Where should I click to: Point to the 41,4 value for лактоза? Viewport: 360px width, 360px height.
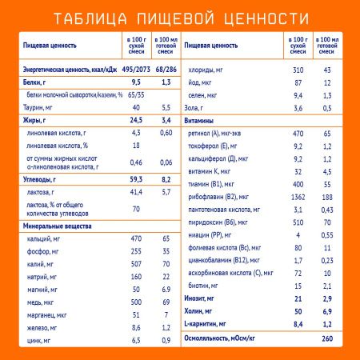[135, 193]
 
